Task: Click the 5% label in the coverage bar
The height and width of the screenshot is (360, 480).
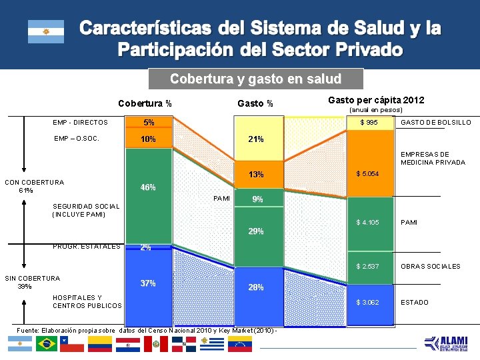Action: point(148,123)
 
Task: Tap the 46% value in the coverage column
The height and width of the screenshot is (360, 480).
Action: point(148,187)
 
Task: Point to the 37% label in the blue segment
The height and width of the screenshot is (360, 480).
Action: point(148,283)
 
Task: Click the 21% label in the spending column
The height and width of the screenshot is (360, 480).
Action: point(255,139)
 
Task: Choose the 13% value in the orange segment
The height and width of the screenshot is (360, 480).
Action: point(256,175)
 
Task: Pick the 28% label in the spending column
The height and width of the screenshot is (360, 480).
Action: point(256,287)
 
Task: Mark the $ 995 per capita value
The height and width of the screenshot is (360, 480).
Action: point(369,123)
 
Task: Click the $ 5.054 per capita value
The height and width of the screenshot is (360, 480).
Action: point(367,174)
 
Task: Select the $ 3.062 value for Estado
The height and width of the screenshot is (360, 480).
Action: point(367,303)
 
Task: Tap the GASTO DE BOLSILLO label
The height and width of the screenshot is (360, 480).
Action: point(435,123)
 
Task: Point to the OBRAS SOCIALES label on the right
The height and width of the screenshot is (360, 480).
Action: point(429,267)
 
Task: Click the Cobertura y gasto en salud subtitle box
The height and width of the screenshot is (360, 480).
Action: point(255,79)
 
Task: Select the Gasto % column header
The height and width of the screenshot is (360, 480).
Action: point(255,103)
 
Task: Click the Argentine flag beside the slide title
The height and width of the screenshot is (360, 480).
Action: point(46,31)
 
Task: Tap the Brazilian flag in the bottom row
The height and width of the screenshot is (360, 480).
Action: point(47,344)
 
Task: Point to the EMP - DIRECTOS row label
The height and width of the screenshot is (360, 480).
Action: point(81,123)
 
